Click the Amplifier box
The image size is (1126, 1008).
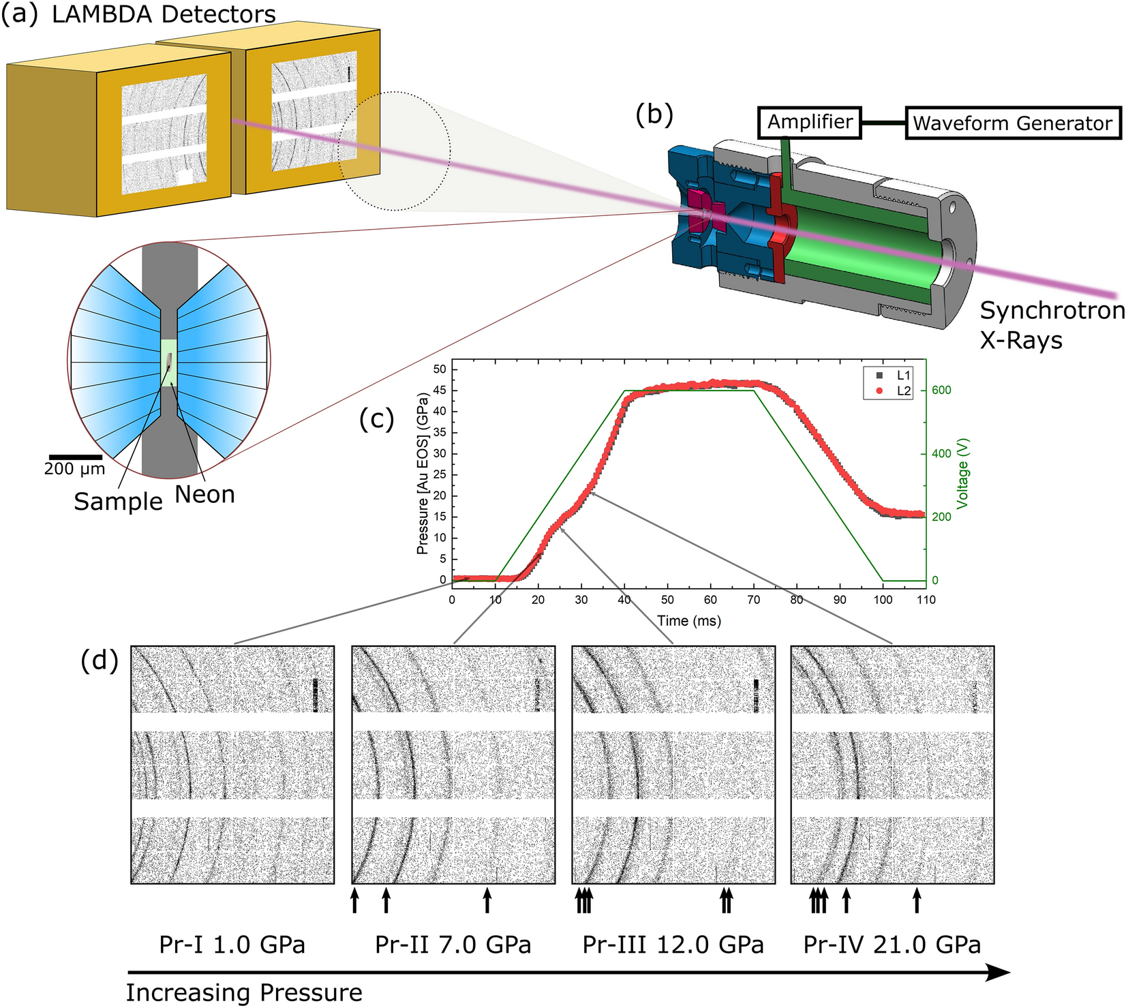pos(810,122)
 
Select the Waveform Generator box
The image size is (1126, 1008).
pos(1012,123)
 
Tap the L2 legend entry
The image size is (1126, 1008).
pos(894,391)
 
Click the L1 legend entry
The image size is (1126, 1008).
pos(894,376)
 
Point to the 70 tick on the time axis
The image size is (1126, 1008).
pos(754,600)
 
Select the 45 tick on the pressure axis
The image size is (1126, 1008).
pos(440,391)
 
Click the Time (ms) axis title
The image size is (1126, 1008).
pos(688,621)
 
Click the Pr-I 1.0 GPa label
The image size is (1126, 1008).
pos(232,945)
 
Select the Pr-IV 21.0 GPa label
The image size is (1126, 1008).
pos(892,945)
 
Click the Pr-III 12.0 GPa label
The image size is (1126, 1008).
pos(673,945)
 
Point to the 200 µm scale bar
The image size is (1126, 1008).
pos(75,457)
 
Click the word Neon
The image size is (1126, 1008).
pos(204,494)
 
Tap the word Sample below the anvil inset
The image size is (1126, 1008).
pos(118,502)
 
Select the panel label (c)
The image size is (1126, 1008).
pos(376,418)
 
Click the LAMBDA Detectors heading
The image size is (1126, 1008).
pos(164,14)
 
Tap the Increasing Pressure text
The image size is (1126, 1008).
pos(244,992)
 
